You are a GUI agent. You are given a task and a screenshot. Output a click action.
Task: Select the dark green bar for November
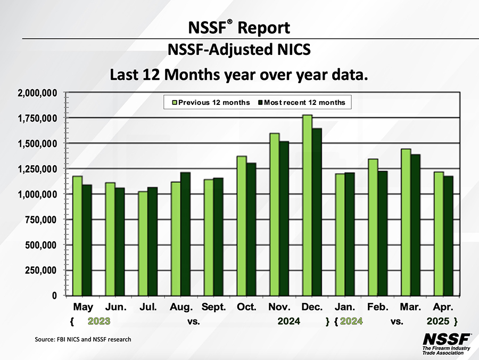[x=284, y=218]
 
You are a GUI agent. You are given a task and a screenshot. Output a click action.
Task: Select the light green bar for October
[x=242, y=226]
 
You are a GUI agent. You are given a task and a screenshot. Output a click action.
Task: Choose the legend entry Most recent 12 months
[x=301, y=102]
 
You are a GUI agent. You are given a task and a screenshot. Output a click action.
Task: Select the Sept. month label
[x=214, y=307]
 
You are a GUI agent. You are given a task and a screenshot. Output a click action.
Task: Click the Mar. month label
[x=411, y=307]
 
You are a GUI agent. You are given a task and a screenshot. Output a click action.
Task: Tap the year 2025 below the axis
[x=439, y=321]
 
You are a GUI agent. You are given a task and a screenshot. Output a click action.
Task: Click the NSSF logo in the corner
[x=446, y=343]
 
